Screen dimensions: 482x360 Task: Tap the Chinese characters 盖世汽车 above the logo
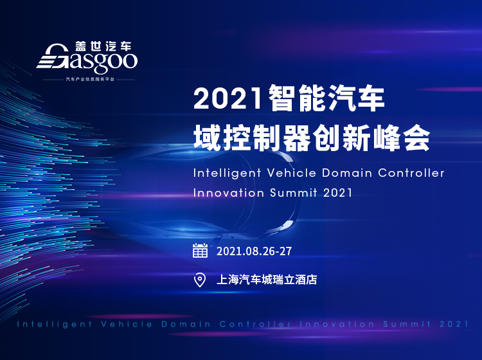click(103, 46)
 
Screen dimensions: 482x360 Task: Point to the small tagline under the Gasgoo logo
click(90, 79)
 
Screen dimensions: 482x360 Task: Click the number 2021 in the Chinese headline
click(228, 99)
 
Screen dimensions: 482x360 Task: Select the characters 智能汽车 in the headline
click(326, 98)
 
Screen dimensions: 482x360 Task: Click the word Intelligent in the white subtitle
click(227, 174)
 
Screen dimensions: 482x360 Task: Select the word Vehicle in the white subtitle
click(291, 173)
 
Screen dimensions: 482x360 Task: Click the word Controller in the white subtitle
click(411, 173)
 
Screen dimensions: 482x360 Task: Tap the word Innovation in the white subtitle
click(229, 193)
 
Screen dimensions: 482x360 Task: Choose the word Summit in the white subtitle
click(294, 193)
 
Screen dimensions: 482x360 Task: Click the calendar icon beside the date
click(200, 250)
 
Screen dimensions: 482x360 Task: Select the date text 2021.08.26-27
click(254, 251)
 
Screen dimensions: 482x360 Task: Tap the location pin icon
click(200, 280)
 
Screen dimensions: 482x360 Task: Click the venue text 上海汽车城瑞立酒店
click(267, 280)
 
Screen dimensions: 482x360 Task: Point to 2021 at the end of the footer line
click(454, 324)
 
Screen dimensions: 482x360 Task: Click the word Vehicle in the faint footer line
click(127, 324)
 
